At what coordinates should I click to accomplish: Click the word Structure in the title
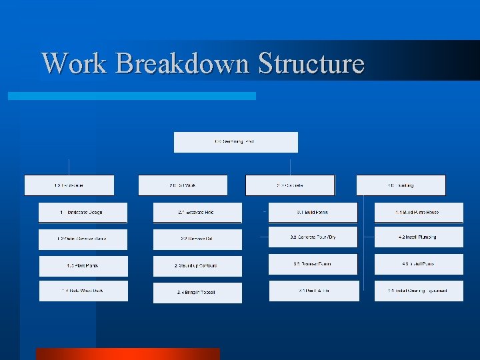(x=311, y=64)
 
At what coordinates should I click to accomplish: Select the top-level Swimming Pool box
(x=235, y=142)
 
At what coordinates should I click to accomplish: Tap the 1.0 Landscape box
(x=69, y=185)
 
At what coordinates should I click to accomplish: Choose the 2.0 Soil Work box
(x=183, y=185)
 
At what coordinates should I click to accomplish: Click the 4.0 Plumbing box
(x=401, y=185)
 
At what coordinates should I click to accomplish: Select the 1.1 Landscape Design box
(x=83, y=213)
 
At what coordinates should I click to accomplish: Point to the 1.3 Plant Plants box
(x=83, y=265)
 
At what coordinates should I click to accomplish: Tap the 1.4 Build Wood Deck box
(x=83, y=291)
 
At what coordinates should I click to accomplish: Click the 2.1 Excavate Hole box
(x=197, y=213)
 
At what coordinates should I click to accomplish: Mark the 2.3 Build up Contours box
(x=197, y=265)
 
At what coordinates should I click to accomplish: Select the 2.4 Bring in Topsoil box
(x=197, y=293)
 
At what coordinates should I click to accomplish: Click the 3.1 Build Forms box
(x=313, y=213)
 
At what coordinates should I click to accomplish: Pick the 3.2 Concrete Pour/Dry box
(x=313, y=237)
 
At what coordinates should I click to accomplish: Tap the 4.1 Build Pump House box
(x=419, y=213)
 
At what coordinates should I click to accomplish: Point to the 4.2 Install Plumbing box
(x=419, y=237)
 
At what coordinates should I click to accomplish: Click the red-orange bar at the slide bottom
(x=127, y=354)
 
